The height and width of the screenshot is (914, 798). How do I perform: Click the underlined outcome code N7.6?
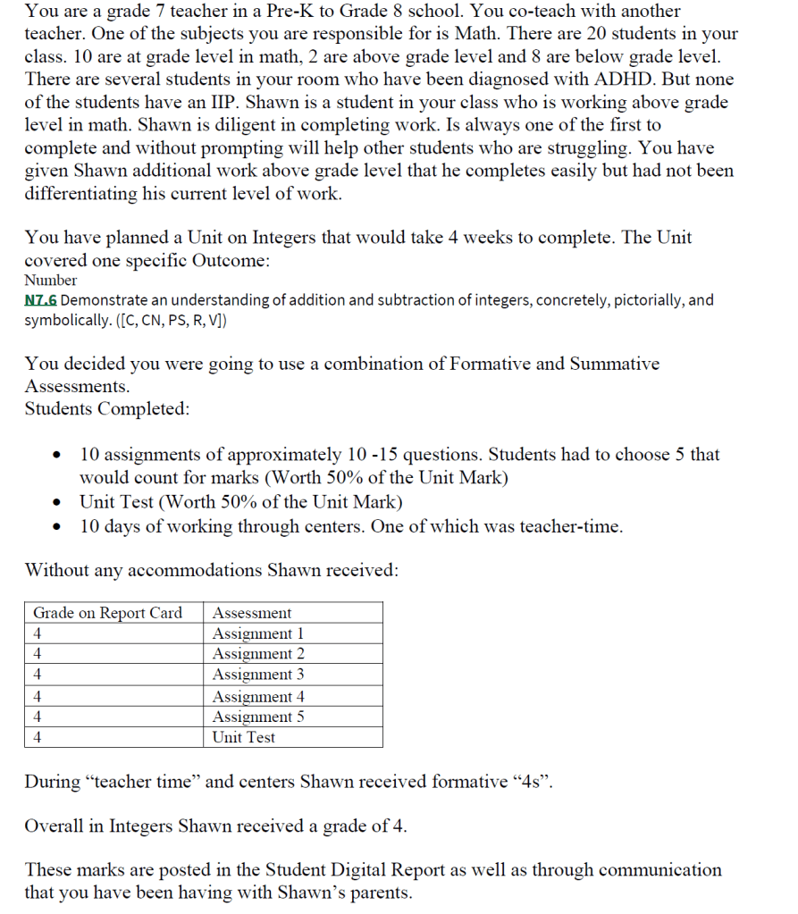coord(41,300)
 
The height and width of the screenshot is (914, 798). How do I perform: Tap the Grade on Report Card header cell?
coord(107,613)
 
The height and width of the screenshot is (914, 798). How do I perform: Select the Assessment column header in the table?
coord(252,613)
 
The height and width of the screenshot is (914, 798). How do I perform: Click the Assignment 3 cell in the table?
coord(257,675)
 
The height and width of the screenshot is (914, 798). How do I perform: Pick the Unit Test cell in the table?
coord(243,737)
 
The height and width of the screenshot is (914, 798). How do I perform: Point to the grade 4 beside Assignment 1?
coord(38,633)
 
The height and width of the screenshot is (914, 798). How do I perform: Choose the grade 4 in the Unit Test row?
coord(38,737)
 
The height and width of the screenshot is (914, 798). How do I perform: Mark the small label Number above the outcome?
coord(51,280)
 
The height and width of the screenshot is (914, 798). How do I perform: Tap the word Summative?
coord(610,365)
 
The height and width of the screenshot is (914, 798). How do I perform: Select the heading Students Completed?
coord(107,409)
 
